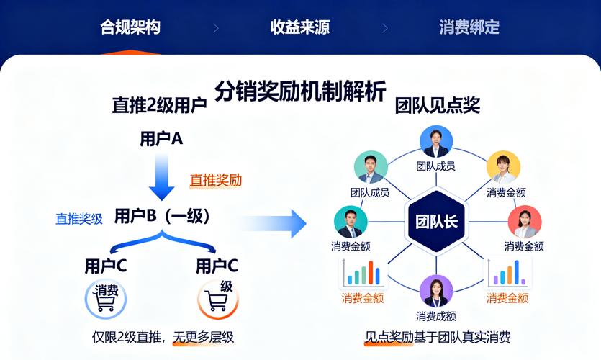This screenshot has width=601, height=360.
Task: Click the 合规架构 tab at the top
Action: pos(130,28)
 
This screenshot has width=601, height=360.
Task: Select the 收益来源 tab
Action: pos(299,28)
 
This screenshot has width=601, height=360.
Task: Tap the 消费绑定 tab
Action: pos(469,28)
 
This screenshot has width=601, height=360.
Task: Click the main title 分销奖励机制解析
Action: pos(300,92)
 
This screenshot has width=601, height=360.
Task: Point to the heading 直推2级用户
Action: pos(159,105)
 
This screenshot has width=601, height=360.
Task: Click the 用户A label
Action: pos(161,140)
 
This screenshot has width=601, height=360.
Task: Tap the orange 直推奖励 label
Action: pos(215,180)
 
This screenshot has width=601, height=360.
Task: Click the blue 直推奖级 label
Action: pos(79,219)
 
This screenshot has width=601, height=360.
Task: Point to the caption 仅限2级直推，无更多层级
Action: pos(163,336)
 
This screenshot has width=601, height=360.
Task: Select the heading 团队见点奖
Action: pos(437,105)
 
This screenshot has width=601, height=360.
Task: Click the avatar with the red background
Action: pos(524,222)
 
